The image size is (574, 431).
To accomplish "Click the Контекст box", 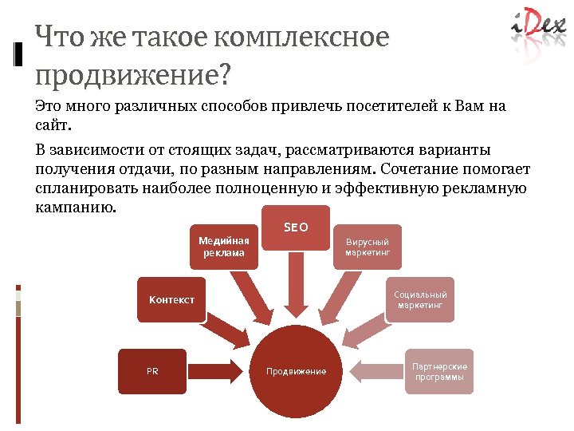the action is (x=171, y=299).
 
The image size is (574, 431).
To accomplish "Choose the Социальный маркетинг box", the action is (x=420, y=299).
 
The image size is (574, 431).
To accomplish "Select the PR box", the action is (x=152, y=371).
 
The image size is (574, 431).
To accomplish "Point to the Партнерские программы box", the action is (x=439, y=371).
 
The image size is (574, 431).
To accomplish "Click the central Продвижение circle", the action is (x=296, y=371).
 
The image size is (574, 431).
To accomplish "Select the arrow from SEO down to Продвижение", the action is (x=296, y=291).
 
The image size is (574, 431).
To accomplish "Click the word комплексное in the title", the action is (x=312, y=38).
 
